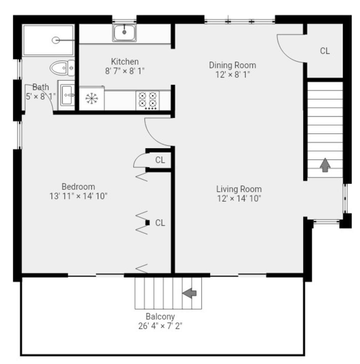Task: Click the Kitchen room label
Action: point(125,62)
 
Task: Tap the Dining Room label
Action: point(232,65)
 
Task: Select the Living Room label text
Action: point(239,189)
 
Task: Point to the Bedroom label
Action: point(78,187)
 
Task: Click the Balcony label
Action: point(160,316)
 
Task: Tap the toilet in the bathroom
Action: point(61,68)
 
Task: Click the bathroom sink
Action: point(67,95)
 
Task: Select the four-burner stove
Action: point(148,100)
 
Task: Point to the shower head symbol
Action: point(56,40)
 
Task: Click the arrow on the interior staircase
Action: point(325,165)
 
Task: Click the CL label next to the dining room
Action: point(325,51)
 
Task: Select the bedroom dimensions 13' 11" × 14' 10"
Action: point(78,196)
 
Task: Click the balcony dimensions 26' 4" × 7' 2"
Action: point(160,326)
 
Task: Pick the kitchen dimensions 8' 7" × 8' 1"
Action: point(125,71)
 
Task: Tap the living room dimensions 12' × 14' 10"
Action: point(239,198)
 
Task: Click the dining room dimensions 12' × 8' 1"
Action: point(232,75)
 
